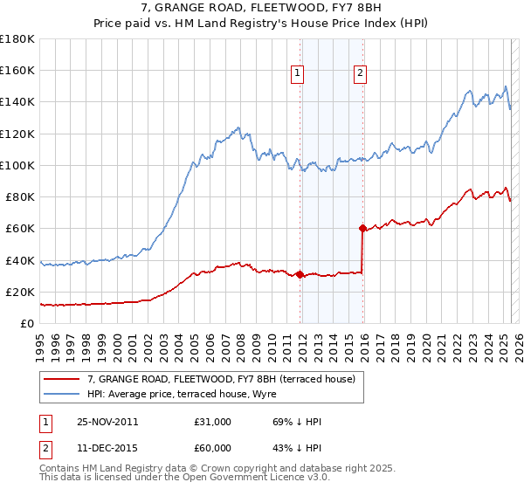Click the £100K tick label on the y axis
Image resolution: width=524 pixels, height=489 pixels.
tap(17, 165)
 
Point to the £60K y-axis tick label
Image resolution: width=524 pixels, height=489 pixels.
tap(20, 229)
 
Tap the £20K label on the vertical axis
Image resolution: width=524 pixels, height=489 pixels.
tap(20, 292)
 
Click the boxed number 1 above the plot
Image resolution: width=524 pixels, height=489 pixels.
tap(299, 74)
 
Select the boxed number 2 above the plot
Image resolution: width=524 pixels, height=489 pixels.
tap(360, 74)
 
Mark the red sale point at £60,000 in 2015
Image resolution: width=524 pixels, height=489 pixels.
tap(362, 229)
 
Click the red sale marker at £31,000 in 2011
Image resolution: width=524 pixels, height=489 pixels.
tap(300, 274)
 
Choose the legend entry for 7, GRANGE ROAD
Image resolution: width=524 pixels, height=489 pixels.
tap(221, 380)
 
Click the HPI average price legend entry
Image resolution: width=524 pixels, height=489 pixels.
tap(182, 395)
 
